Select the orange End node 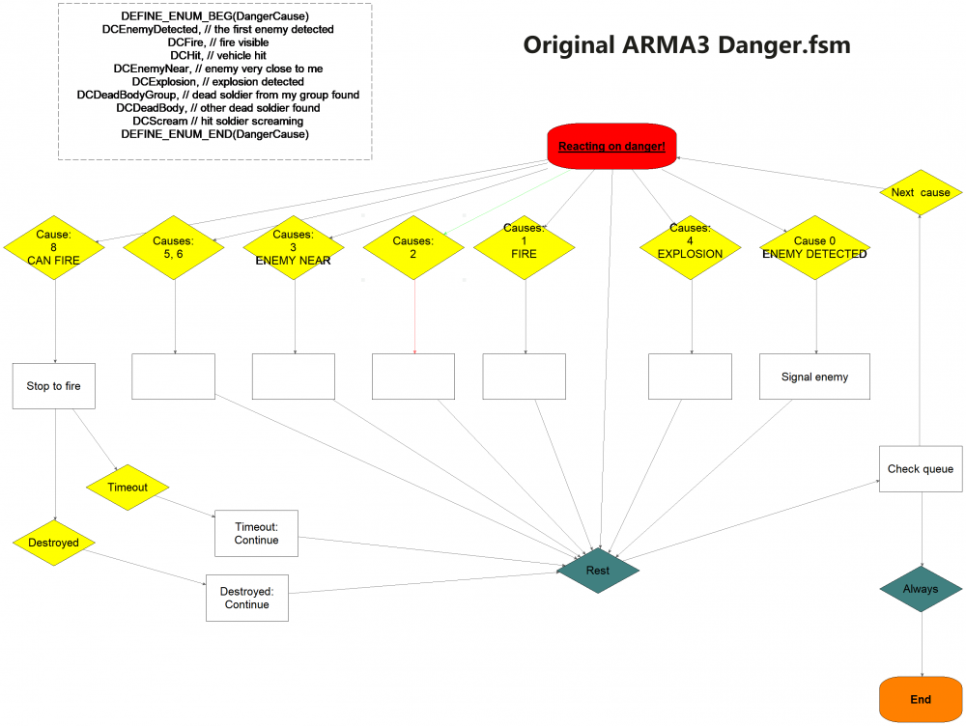[x=921, y=699]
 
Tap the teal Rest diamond [x=598, y=570]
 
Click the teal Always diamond [x=921, y=589]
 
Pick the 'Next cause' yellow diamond [x=920, y=192]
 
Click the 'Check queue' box [x=921, y=469]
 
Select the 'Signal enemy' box [x=814, y=377]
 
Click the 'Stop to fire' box [x=54, y=386]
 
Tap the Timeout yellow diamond [x=128, y=487]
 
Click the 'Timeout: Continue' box [x=256, y=533]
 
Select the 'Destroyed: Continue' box [x=246, y=598]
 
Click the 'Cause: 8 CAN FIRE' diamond [x=54, y=247]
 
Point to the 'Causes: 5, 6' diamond [x=174, y=247]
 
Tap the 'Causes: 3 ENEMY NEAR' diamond [x=293, y=247]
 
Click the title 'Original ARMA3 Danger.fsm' [x=687, y=45]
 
